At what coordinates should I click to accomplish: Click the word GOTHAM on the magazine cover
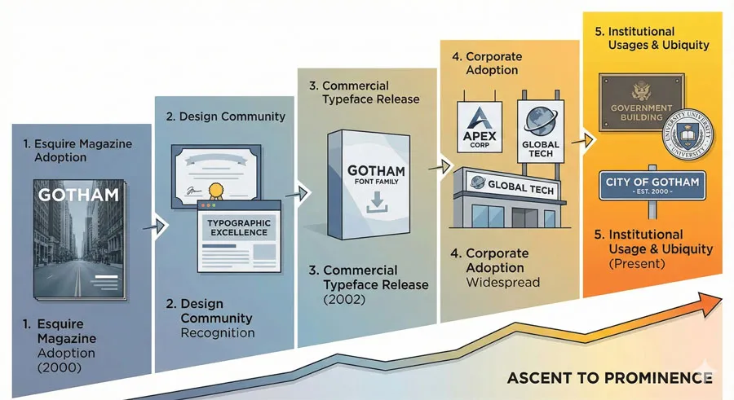pos(78,196)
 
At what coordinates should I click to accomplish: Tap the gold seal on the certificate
pos(217,193)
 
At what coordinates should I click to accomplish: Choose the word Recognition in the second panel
pos(217,332)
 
